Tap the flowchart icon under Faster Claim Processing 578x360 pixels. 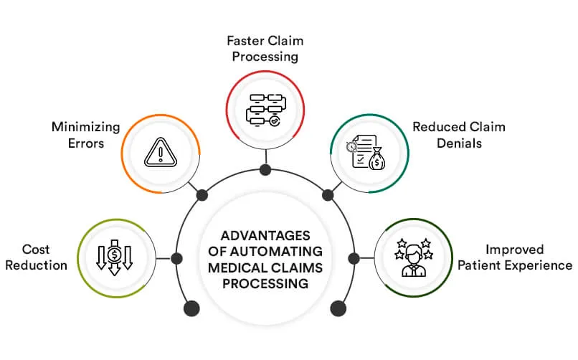pos(265,108)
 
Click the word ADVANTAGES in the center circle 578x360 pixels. pos(265,236)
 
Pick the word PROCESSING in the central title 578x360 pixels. pos(265,283)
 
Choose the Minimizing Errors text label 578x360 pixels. pos(77,135)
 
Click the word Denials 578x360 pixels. pos(459,143)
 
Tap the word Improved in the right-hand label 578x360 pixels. pos(514,250)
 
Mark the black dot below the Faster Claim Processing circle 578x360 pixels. pos(265,170)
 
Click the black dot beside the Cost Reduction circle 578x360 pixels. pos(176,257)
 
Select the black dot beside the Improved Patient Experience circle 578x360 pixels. pos(353,257)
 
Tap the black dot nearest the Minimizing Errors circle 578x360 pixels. pos(202,195)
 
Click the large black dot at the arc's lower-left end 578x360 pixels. pos(191,308)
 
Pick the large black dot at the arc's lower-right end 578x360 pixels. pos(338,308)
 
